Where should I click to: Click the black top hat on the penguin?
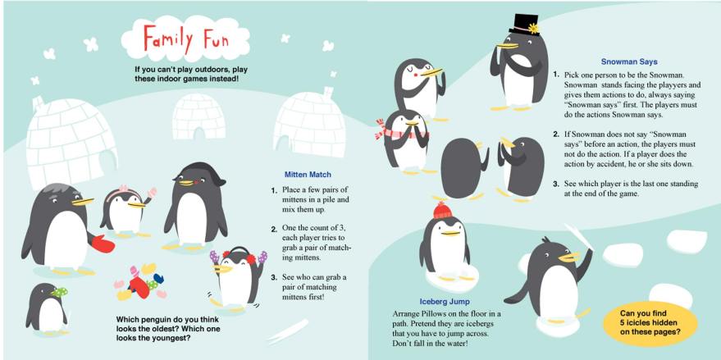(x=523, y=25)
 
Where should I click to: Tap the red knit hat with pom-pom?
(x=442, y=210)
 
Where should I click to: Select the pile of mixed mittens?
(x=139, y=281)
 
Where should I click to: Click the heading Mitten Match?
(x=308, y=175)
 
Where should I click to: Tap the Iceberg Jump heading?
(x=445, y=302)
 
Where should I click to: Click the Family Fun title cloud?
(x=185, y=39)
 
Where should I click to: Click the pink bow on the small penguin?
(x=123, y=188)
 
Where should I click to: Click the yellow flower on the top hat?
(x=533, y=29)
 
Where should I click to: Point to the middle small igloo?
(x=199, y=116)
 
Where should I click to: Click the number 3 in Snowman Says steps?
(x=555, y=184)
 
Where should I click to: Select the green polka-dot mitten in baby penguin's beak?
(x=59, y=291)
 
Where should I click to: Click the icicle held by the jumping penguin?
(x=579, y=237)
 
